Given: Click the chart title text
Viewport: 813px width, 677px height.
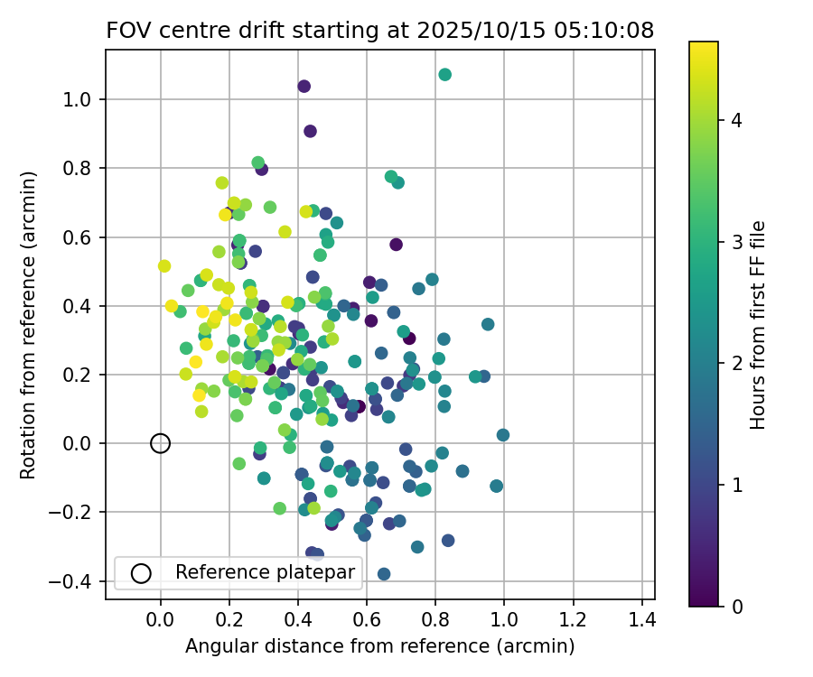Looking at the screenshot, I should (379, 30).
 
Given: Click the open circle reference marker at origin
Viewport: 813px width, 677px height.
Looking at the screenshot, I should (160, 443).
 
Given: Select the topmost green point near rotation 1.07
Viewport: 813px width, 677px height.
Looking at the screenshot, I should (444, 74).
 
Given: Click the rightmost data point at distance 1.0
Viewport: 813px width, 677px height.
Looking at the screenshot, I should (503, 435).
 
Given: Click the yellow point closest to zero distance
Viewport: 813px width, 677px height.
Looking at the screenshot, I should (164, 266).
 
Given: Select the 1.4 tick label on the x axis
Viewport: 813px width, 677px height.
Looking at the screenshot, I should (642, 620).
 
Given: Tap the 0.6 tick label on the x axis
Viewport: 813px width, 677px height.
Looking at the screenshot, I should (367, 620).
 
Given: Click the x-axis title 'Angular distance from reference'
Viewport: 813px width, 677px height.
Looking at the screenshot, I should (379, 646).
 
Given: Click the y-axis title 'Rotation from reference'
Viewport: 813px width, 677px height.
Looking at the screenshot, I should (29, 325).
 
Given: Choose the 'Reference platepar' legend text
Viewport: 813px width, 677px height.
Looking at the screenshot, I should (267, 572).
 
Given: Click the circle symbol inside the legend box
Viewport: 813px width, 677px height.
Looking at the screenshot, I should (140, 572).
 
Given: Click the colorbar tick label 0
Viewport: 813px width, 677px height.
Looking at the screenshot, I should (735, 607).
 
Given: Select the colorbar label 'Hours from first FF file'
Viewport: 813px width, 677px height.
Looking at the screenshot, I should (759, 325).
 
